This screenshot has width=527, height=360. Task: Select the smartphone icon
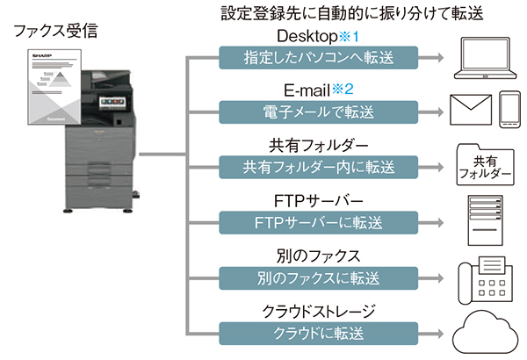pos(510,110)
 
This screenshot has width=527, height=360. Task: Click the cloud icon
pos(485,334)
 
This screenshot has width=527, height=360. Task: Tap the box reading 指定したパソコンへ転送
pos(307,59)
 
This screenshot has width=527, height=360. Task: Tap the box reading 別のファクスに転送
pos(307,278)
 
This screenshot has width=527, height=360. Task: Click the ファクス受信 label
pos(55,33)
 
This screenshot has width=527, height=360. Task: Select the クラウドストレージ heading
pos(307,312)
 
